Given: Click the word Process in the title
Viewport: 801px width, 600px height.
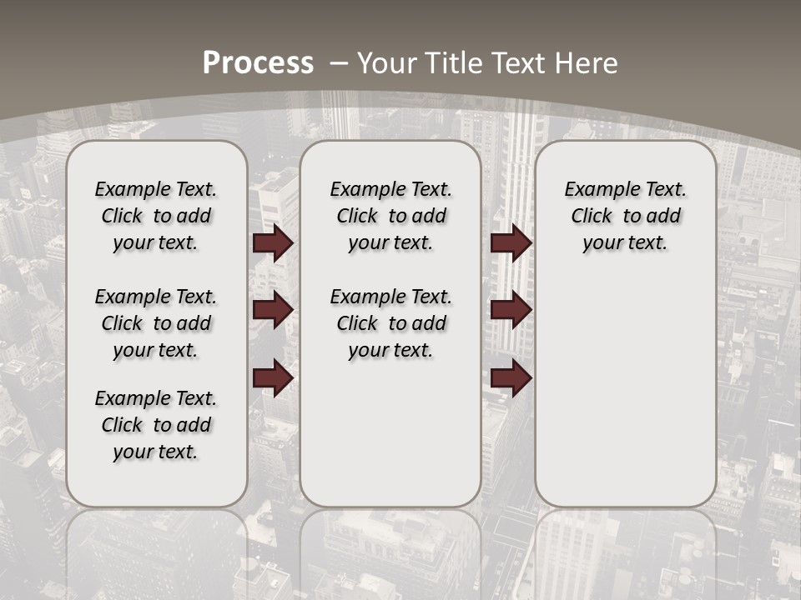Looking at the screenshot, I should [x=258, y=63].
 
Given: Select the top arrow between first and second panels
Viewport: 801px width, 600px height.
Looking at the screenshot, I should [x=273, y=242].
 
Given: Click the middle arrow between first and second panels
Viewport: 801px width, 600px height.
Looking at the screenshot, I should [x=273, y=310].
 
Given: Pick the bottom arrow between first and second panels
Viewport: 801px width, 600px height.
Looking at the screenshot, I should [x=273, y=378].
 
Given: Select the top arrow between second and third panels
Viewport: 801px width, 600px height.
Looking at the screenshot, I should [x=511, y=242].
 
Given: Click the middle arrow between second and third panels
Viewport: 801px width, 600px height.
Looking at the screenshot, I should [x=511, y=310].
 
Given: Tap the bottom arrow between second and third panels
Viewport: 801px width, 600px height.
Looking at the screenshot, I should [x=511, y=378].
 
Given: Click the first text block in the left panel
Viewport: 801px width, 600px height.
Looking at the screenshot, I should [x=156, y=216].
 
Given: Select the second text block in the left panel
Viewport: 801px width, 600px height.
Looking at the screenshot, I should [x=156, y=323].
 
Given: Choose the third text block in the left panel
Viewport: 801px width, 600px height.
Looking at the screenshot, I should [x=156, y=425].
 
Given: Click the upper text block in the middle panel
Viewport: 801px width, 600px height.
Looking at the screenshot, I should [x=390, y=216].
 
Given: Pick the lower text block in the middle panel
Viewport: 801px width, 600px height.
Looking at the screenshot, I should [x=390, y=323].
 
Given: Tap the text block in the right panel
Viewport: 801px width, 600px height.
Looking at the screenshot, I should [x=625, y=216].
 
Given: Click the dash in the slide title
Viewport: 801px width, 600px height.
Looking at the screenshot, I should [x=340, y=63].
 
